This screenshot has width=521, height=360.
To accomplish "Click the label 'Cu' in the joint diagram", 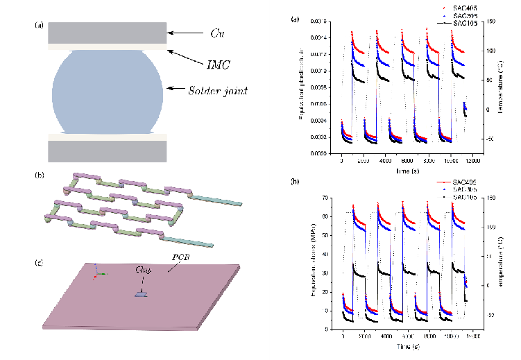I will pos(216,32).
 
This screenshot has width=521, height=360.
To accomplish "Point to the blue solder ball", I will pos(107,91).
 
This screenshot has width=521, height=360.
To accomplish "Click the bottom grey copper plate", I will pos(107,150).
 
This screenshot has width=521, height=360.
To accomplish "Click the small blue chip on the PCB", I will pos(141,295).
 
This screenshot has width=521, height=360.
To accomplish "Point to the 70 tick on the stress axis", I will pos(334,198).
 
